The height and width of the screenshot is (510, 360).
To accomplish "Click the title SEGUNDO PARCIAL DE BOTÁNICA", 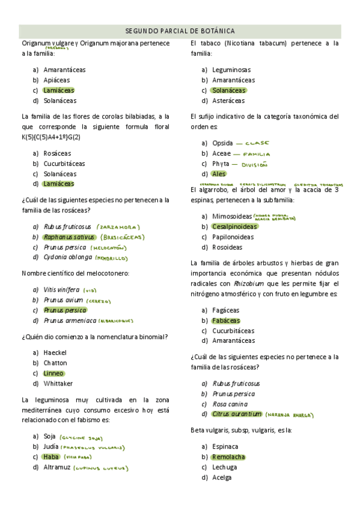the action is click(x=180, y=31).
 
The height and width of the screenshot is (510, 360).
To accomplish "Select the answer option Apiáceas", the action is click(x=56, y=80).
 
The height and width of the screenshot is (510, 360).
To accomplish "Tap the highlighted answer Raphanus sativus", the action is click(x=69, y=237).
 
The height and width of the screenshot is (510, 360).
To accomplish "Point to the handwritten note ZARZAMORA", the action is click(x=118, y=227).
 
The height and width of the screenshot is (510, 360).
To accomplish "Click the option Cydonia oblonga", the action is click(x=68, y=257).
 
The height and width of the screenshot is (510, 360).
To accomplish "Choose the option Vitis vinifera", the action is click(x=61, y=289).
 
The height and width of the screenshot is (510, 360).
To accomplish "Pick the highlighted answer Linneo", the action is click(x=53, y=373).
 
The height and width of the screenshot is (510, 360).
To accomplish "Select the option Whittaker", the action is click(x=58, y=383).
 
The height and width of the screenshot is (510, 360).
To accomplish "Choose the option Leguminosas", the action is click(x=231, y=70).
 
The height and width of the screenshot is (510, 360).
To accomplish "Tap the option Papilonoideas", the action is click(x=233, y=237).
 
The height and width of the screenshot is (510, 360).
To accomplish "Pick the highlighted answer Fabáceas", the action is click(x=225, y=321).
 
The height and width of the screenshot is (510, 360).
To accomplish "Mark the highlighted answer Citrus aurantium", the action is click(x=237, y=414).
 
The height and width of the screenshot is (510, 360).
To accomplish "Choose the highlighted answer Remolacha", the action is click(x=228, y=457).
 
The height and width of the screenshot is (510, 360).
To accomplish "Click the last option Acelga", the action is click(x=222, y=478).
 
